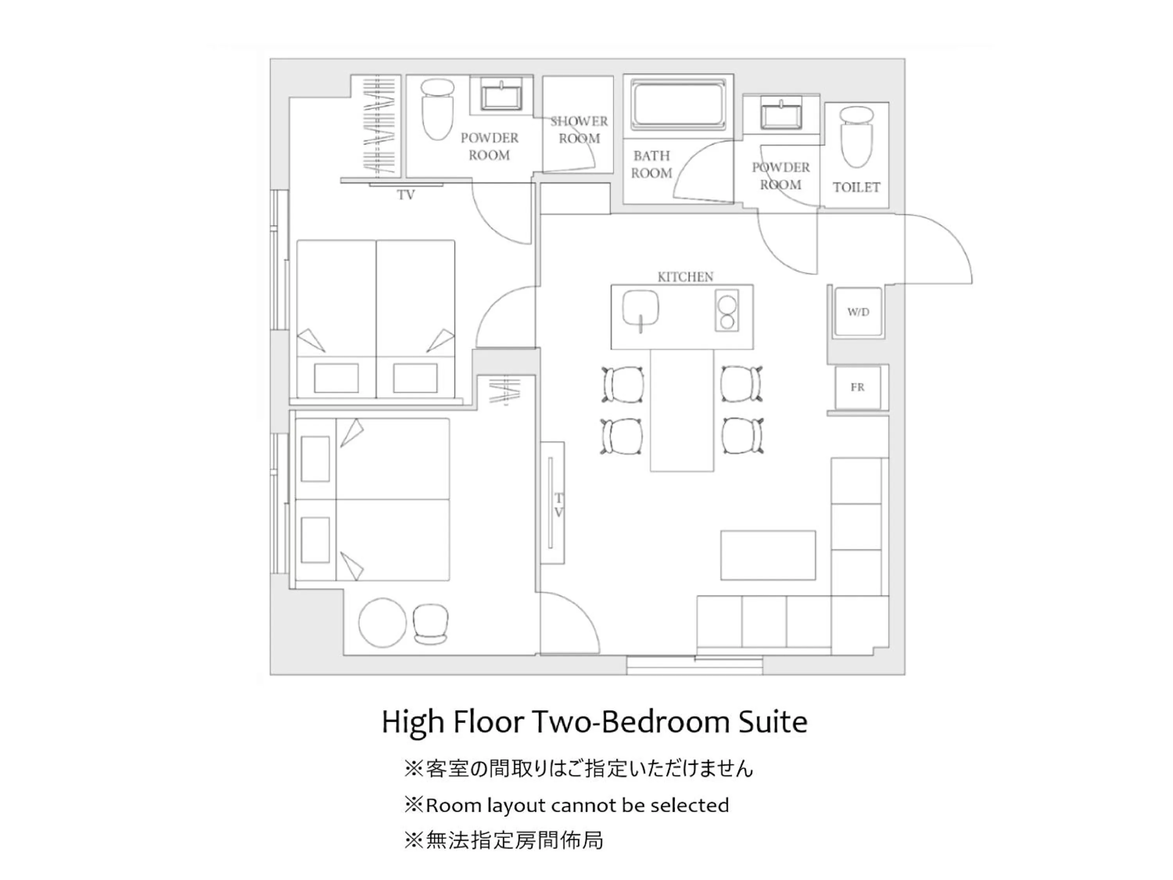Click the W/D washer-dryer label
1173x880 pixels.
[858, 312]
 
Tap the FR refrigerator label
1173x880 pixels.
[857, 387]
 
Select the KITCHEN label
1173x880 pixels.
[685, 277]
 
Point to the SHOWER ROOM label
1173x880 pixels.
[579, 130]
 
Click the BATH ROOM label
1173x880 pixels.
[652, 164]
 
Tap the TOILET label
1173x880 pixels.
[856, 187]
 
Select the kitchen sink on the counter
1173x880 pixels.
[640, 310]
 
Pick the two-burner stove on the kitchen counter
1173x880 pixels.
[726, 311]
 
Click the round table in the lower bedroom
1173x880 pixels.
[382, 623]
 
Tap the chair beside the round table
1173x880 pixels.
[430, 624]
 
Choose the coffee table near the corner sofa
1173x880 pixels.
[767, 555]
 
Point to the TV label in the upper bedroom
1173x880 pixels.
[406, 195]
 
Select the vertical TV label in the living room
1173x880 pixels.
[558, 505]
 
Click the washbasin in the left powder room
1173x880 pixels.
[501, 95]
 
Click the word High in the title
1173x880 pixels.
[413, 722]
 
